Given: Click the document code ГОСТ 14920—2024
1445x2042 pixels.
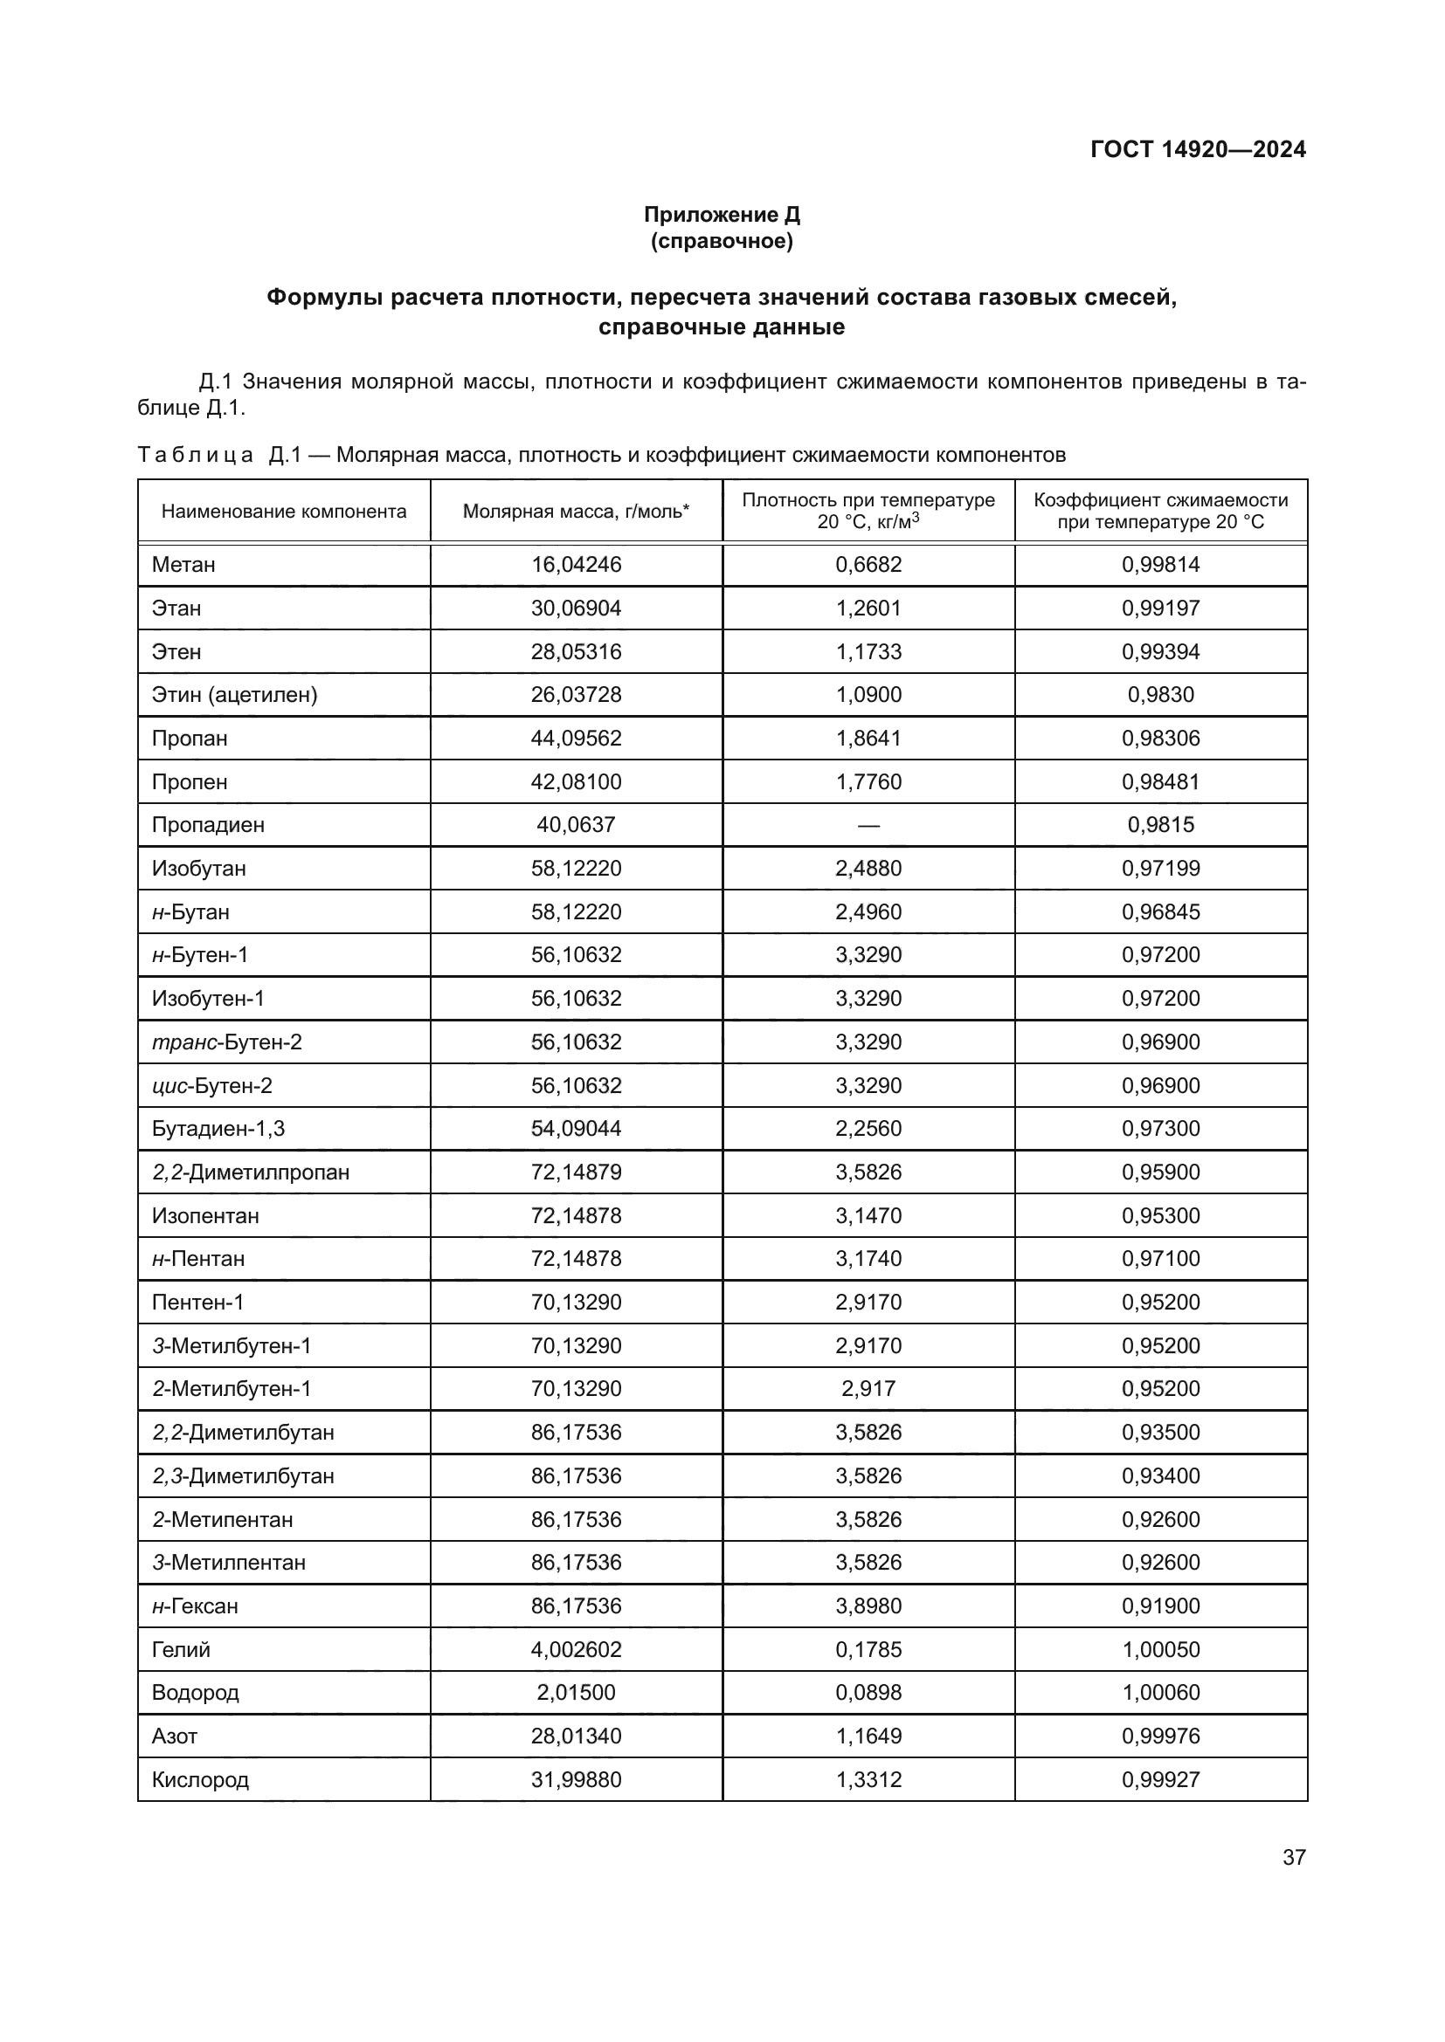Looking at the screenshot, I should pos(1198,149).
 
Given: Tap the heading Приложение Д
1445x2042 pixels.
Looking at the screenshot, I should pos(722,215).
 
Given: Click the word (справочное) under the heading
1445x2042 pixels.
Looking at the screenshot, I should pos(722,241).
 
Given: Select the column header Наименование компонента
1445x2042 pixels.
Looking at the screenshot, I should pos(284,512).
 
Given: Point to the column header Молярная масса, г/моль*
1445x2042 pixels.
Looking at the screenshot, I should pos(576,512).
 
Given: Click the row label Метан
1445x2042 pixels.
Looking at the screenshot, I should pos(183,565).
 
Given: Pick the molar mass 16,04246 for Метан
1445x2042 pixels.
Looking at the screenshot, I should pos(576,565).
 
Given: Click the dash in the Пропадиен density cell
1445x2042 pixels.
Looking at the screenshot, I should pos(868,825).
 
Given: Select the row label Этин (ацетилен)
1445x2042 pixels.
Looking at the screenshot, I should pos(234,695).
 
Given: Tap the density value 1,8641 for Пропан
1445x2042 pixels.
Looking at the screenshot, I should pos(868,739).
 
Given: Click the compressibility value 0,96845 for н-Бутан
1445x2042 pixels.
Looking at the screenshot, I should pos(1160,911).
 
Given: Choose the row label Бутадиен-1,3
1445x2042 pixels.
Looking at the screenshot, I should pos(218,1129).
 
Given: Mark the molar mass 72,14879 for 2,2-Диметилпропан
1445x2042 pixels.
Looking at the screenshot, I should pos(576,1172).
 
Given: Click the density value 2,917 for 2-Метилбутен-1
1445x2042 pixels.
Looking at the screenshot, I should pos(868,1389).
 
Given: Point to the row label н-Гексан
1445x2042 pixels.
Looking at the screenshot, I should pos(195,1606).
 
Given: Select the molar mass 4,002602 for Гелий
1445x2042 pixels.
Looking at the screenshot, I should pos(576,1650).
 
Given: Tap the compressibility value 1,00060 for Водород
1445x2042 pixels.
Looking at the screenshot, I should pos(1160,1693).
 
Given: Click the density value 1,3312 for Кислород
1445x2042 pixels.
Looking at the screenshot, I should pos(868,1779).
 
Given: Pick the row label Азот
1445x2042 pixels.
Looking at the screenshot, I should pos(175,1736).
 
